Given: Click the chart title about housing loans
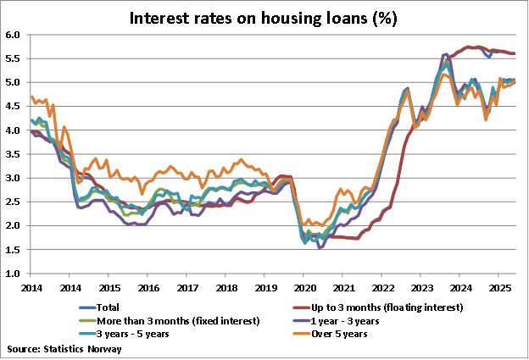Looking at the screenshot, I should (263, 17).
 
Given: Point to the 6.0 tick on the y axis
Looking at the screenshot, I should (13, 36).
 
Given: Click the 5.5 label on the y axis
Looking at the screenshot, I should (13, 59).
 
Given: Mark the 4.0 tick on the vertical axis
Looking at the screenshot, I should (13, 130).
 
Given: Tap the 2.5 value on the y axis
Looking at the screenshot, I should (13, 202).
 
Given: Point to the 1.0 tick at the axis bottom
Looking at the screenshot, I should (13, 274).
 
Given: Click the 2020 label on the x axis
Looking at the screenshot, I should (303, 288).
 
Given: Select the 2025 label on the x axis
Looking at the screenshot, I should (498, 288).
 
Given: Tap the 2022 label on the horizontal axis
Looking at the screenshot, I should (381, 288).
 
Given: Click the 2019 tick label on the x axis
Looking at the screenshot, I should (264, 288).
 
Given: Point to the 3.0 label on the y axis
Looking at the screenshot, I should (13, 179).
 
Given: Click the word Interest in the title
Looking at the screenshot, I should (159, 17).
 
